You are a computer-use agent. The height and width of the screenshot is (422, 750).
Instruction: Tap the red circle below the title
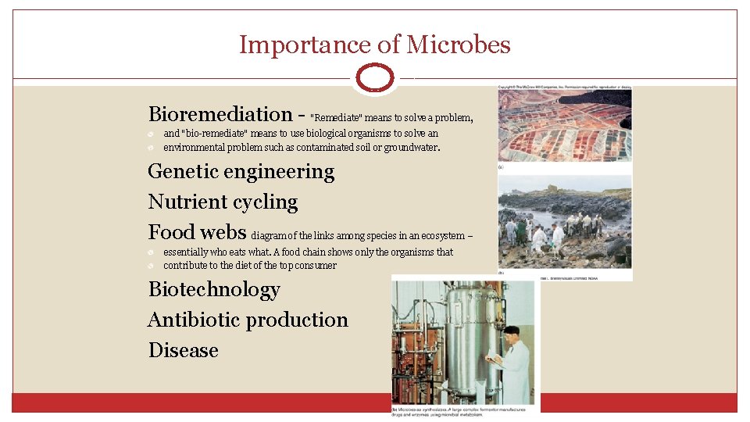coord(375,79)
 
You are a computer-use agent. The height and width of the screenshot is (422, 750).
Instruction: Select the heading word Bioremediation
coord(220,114)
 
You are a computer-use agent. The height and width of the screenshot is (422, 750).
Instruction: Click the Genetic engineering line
coord(241,171)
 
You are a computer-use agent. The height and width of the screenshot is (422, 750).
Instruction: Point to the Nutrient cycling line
coord(223,202)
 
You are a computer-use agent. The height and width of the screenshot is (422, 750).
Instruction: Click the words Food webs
coord(197,232)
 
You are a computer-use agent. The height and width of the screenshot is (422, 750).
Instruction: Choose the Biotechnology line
coord(214,289)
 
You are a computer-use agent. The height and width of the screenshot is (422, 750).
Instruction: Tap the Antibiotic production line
coord(248,320)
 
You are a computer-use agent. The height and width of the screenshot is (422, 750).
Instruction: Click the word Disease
coord(184,350)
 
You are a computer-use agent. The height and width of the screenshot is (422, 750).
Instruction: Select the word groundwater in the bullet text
coord(411,147)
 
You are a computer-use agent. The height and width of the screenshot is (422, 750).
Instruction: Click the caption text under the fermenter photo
coord(464,412)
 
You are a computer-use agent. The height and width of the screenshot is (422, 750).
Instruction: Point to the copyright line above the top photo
coord(565,87)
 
